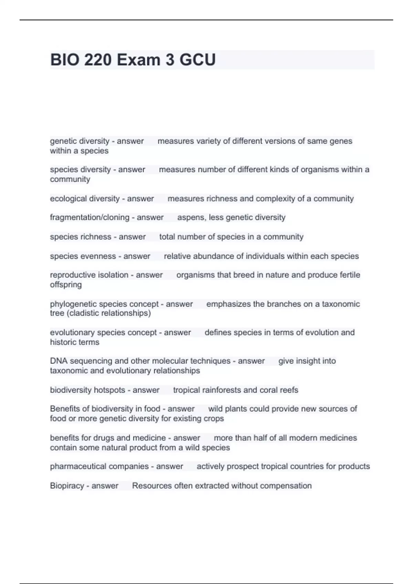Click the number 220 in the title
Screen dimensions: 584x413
point(98,60)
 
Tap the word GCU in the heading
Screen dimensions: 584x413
point(198,60)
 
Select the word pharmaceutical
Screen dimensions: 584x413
point(74,467)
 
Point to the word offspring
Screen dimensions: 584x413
point(66,285)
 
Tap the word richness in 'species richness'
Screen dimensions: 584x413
point(96,237)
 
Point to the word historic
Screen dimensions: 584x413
point(63,342)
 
